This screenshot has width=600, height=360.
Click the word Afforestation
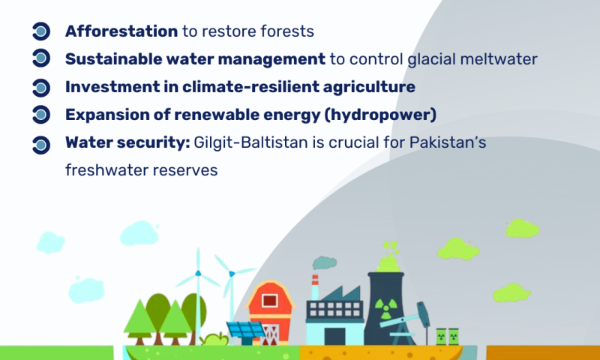click(x=121, y=31)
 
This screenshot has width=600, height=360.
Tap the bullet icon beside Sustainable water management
click(x=41, y=58)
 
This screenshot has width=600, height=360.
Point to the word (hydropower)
click(x=380, y=115)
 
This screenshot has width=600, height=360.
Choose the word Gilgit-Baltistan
click(x=250, y=143)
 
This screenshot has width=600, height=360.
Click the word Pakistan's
click(x=448, y=142)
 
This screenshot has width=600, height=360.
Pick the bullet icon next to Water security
click(x=41, y=145)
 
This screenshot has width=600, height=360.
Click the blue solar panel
click(x=245, y=330)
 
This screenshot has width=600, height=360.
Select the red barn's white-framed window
click(x=270, y=300)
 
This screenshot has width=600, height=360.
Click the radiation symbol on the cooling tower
click(x=386, y=308)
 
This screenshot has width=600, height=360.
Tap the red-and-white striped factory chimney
click(x=315, y=287)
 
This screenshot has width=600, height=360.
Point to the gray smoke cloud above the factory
click(x=325, y=262)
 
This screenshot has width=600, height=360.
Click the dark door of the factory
click(x=334, y=337)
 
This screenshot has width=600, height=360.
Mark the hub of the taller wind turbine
click(x=198, y=273)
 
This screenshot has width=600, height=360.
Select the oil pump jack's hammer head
click(x=423, y=313)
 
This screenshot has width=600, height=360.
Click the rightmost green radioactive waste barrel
click(x=454, y=337)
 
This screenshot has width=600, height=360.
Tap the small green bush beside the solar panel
click(x=215, y=339)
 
